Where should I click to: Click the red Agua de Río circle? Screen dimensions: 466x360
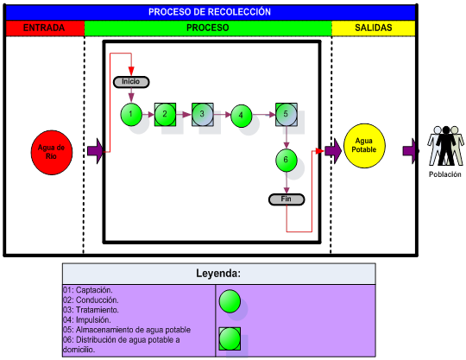click(x=52, y=152)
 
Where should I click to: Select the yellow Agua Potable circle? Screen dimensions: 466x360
click(x=364, y=146)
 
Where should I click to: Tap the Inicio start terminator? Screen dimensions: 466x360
click(x=131, y=82)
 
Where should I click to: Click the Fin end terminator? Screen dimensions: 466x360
click(x=287, y=199)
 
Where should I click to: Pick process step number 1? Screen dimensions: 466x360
click(x=131, y=115)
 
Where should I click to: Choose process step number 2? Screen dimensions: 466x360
click(x=165, y=115)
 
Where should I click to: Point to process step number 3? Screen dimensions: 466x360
click(x=203, y=115)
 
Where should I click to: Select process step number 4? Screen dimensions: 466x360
click(x=241, y=116)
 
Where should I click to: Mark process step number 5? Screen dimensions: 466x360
click(x=287, y=115)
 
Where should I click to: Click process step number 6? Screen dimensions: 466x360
click(x=287, y=161)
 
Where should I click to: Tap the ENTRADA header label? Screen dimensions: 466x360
click(x=44, y=28)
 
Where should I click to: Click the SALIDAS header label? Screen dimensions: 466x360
click(x=374, y=28)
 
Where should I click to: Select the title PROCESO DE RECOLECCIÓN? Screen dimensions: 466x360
click(x=210, y=12)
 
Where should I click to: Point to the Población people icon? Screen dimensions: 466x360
click(x=445, y=146)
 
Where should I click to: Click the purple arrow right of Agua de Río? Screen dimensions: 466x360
click(x=95, y=151)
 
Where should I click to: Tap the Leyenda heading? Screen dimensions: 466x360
click(x=218, y=273)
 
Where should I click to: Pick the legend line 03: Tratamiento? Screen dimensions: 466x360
click(x=91, y=310)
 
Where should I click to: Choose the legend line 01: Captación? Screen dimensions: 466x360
click(x=88, y=290)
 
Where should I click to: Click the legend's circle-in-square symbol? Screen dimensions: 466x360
click(x=230, y=339)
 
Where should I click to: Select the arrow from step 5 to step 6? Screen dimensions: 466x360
click(x=287, y=137)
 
